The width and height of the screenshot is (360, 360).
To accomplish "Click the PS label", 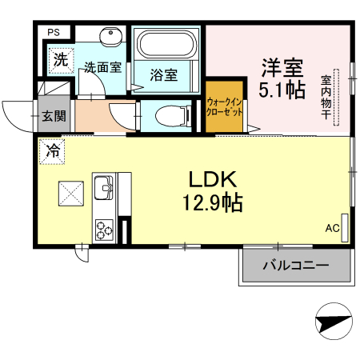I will tap(54, 32).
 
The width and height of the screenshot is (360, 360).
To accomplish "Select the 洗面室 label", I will tap(103, 68).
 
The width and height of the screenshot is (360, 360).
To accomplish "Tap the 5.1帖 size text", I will tap(282, 90).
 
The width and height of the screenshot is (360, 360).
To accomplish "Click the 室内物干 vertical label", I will tap(327, 98).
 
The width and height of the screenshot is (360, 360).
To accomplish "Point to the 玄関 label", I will tap(54, 116).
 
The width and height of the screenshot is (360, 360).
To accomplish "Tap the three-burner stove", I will tap(105, 229).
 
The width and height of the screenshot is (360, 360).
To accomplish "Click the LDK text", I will tap(215, 178).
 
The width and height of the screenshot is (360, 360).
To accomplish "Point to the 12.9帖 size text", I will tap(215, 202).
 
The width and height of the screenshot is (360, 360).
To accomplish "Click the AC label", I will tap(332, 228).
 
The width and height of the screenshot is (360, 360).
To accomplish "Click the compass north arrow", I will tap(333, 322).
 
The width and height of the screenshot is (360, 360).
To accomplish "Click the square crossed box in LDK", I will tap(70, 193).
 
